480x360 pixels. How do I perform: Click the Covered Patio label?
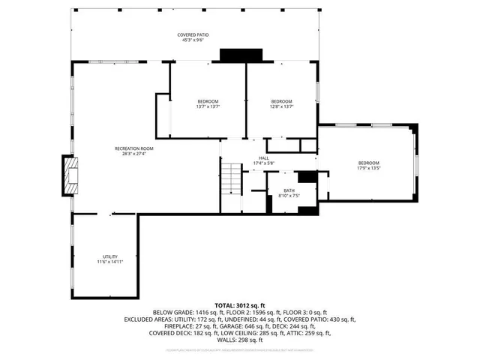click(192, 35)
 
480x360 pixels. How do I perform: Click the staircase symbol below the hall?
click(231, 180)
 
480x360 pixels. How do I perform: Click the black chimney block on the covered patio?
click(240, 56)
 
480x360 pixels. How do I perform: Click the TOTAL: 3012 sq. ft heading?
click(239, 305)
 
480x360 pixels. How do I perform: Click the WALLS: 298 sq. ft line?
click(239, 339)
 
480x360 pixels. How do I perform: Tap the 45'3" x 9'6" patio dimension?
click(192, 40)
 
